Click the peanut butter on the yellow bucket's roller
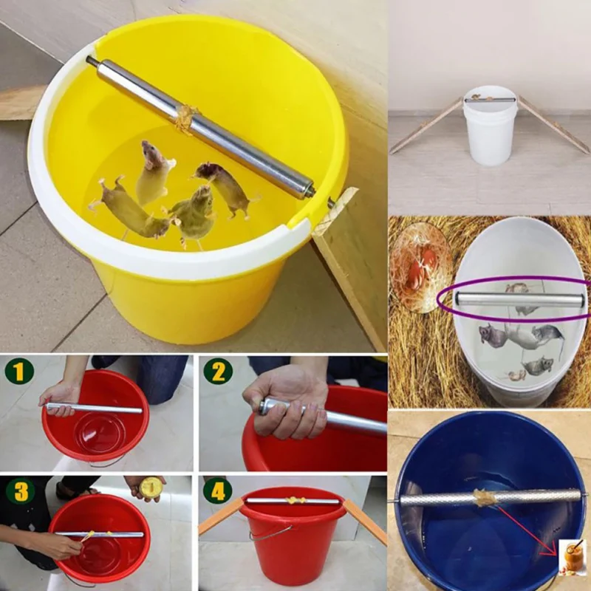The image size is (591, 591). click(x=185, y=117)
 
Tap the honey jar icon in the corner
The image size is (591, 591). click(x=573, y=555)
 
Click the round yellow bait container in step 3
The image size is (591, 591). click(x=151, y=486)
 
